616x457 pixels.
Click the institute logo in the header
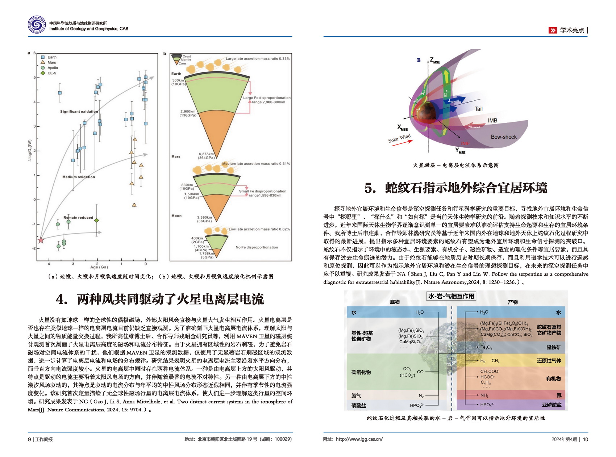[37, 25]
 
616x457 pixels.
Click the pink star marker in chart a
[41, 240]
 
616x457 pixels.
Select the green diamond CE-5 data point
[96, 220]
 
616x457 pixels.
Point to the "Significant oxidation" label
[79, 112]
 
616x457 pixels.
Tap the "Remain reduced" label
[78, 218]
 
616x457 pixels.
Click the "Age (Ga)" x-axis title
[99, 267]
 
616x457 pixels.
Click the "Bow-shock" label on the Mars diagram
[504, 137]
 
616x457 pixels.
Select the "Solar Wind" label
[399, 138]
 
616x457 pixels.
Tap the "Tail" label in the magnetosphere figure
[478, 109]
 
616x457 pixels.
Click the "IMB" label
[492, 121]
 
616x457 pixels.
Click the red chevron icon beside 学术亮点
[552, 30]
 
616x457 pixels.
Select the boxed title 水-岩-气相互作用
[451, 296]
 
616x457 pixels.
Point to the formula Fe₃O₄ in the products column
[486, 348]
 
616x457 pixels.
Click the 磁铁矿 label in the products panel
[553, 348]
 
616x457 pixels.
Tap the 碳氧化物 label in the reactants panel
[361, 372]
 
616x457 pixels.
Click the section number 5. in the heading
[370, 188]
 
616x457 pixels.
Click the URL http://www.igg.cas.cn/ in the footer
[359, 439]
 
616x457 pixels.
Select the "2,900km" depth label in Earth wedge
[188, 112]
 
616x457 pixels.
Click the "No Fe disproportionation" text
[257, 247]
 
